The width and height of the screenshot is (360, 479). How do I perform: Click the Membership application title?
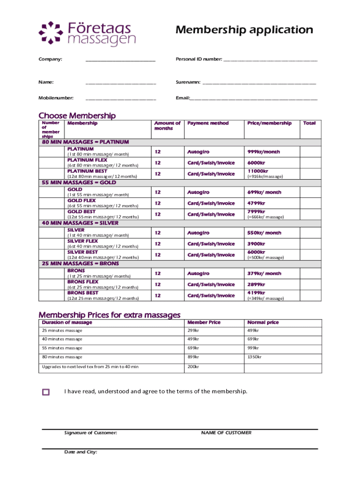(244, 30)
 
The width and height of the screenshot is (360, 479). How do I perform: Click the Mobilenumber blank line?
(120, 99)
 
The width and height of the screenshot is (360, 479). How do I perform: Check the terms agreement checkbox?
(46, 392)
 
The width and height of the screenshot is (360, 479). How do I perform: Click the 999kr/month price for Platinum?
(264, 152)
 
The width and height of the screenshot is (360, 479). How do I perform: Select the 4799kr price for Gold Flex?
(256, 203)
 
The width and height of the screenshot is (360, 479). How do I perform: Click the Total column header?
(309, 123)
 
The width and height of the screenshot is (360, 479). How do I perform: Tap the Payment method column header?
(208, 123)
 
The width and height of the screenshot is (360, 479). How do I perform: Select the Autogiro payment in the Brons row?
(198, 274)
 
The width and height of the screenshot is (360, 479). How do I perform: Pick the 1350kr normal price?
(254, 357)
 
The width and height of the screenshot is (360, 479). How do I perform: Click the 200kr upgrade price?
(193, 367)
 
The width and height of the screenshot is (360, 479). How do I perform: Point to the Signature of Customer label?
(90, 433)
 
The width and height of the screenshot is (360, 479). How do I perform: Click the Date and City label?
(80, 452)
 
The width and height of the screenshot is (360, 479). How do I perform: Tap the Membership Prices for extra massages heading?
(109, 315)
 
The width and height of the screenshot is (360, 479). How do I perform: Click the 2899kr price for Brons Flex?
(256, 284)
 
